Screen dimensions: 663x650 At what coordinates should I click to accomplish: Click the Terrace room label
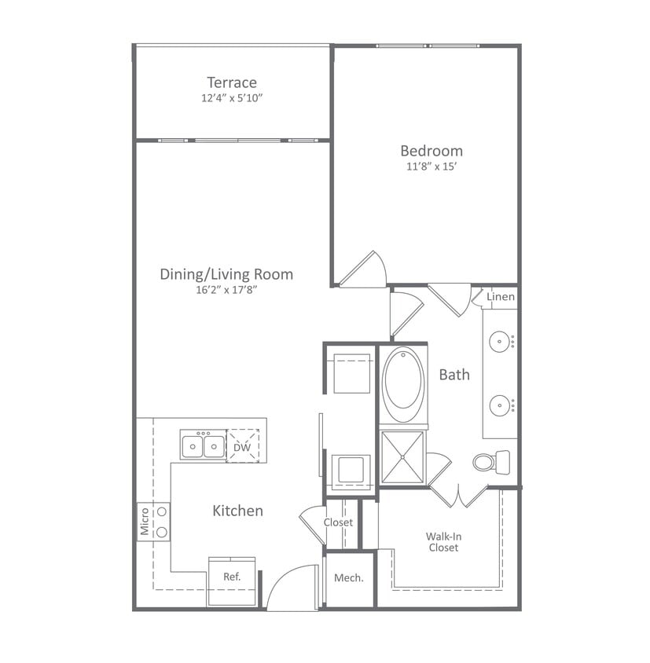232,82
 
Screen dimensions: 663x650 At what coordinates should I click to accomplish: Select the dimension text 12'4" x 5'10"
232,99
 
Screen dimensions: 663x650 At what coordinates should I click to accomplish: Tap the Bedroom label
431,151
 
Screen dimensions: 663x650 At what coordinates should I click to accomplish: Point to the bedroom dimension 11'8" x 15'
431,167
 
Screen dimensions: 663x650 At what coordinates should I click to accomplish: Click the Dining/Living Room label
226,274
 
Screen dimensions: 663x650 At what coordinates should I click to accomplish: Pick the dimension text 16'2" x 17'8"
226,290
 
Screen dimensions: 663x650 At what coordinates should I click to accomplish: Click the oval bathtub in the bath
402,384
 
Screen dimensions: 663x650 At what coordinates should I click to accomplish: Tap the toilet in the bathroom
490,462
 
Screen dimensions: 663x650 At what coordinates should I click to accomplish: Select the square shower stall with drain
402,456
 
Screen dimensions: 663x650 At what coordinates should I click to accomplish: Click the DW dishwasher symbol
242,447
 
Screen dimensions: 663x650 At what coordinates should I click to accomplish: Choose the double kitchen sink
203,446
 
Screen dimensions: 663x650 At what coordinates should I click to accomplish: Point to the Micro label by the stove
145,522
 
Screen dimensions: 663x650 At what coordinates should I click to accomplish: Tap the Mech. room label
349,578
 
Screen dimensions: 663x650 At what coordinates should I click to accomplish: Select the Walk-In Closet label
443,542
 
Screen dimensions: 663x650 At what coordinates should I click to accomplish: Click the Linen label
501,297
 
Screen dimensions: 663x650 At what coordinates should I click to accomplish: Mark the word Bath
454,375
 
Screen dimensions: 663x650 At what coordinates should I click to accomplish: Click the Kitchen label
237,511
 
